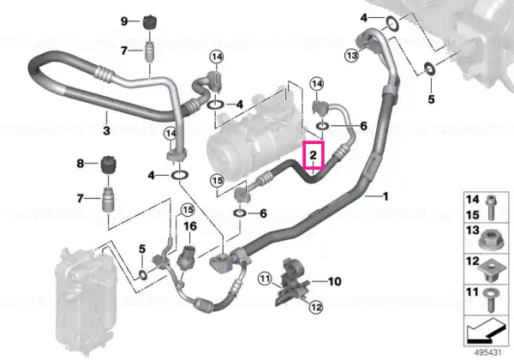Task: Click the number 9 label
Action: click(x=124, y=21)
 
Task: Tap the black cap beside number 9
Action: click(x=150, y=22)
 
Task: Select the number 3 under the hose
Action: click(x=106, y=130)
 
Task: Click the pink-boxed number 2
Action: click(x=314, y=155)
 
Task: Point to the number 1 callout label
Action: click(x=385, y=196)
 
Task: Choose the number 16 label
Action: click(x=190, y=226)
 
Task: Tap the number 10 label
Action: click(x=335, y=281)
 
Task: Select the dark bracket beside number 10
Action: click(x=291, y=281)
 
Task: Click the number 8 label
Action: click(x=81, y=163)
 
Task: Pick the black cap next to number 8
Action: click(x=109, y=165)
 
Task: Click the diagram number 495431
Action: click(x=488, y=353)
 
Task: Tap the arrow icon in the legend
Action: click(x=486, y=331)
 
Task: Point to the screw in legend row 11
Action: click(x=490, y=300)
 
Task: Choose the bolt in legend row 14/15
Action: click(x=491, y=207)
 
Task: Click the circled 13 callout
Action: click(x=352, y=56)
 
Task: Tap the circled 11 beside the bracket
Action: click(x=265, y=279)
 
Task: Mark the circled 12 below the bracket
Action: click(x=315, y=307)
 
